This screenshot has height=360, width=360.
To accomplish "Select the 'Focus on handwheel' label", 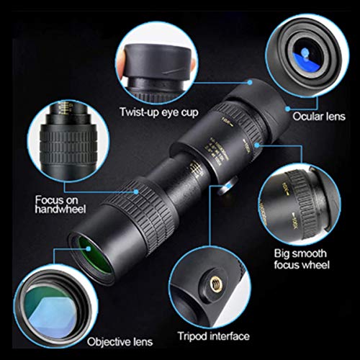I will (x=57, y=204).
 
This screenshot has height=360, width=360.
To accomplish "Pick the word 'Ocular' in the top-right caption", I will (x=306, y=115).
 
